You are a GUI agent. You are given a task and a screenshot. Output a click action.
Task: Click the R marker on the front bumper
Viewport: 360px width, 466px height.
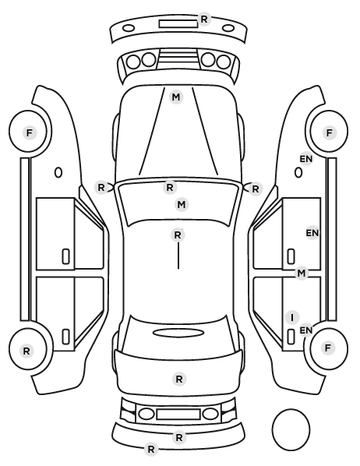point(204,19)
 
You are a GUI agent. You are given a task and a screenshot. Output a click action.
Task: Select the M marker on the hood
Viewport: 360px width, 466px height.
point(175,97)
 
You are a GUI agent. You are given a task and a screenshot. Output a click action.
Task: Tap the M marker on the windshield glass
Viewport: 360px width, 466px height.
point(182,205)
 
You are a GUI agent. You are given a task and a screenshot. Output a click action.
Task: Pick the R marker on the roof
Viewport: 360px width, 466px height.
point(178,235)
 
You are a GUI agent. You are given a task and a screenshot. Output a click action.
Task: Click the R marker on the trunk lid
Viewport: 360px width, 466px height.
point(179,380)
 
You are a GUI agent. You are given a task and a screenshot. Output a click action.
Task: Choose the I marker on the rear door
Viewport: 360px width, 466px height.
point(292,317)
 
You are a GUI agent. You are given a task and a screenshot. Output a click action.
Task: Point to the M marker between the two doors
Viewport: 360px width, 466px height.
point(302,273)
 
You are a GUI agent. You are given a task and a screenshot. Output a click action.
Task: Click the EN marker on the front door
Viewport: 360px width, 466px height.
point(312,233)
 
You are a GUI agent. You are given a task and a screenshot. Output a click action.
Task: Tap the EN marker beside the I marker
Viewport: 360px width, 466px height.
point(306,330)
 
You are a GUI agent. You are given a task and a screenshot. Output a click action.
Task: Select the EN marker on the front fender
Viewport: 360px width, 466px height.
point(306,159)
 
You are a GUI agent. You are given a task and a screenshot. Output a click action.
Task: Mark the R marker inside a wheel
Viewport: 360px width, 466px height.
point(26,351)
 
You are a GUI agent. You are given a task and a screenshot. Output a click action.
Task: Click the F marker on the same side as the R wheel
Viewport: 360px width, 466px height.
point(29,132)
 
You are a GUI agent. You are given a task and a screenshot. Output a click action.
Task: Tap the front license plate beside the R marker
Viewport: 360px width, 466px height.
point(178,24)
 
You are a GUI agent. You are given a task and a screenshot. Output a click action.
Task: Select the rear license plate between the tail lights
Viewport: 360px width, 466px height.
point(178,414)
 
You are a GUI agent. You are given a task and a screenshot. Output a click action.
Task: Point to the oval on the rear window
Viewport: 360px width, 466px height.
point(178,333)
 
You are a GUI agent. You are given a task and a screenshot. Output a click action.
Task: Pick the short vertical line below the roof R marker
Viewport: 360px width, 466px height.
point(178,256)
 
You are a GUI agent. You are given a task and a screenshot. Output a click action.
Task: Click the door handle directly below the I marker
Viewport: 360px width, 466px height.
point(291,337)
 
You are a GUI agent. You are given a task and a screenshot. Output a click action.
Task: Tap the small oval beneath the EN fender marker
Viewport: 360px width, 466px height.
point(298,173)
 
